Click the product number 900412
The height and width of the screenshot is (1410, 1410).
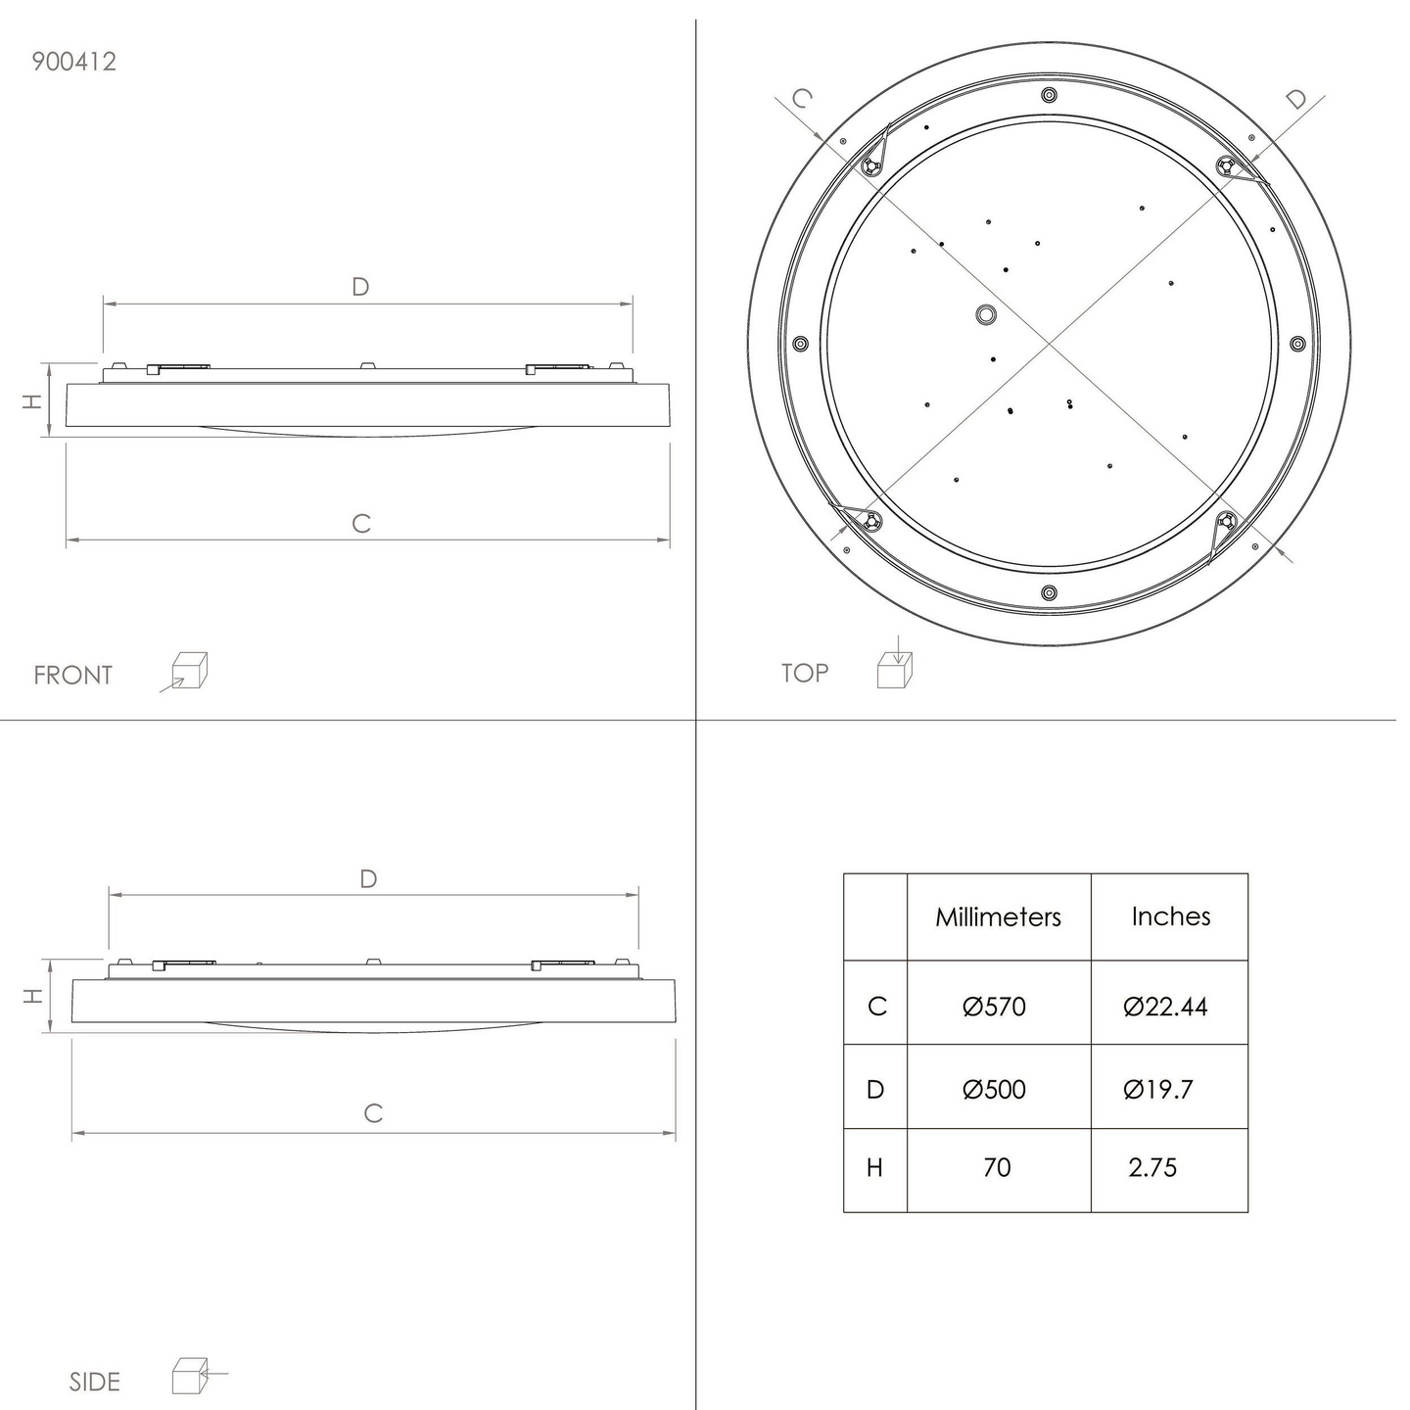tap(73, 62)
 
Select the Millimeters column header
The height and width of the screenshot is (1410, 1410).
tap(998, 916)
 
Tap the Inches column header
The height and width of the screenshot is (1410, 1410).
tap(1171, 916)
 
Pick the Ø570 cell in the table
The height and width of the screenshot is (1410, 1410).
tap(995, 1007)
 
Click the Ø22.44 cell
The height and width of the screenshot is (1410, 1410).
tap(1165, 1007)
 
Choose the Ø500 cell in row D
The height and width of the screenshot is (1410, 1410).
tap(995, 1090)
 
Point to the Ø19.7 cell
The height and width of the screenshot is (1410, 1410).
tap(1157, 1090)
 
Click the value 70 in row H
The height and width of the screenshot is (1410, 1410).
tap(997, 1168)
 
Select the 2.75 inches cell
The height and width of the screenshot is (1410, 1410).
tap(1152, 1168)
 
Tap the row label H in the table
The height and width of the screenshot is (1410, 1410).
tap(874, 1168)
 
